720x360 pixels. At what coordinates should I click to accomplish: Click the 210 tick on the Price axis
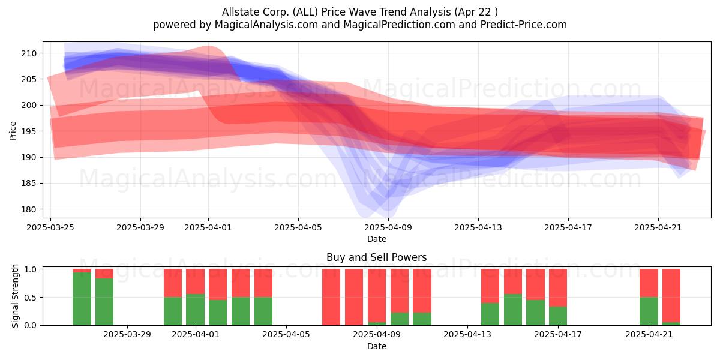(x=28, y=53)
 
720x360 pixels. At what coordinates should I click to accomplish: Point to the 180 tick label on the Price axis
(x=28, y=209)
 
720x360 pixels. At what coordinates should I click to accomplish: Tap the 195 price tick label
(x=28, y=131)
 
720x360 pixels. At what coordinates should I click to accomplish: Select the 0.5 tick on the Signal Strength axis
(x=31, y=298)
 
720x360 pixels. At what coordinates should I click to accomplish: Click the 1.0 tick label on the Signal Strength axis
(x=31, y=269)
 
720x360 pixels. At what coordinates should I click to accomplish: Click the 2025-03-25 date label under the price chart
(x=50, y=227)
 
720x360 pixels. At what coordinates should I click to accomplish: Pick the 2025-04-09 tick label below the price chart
(x=388, y=227)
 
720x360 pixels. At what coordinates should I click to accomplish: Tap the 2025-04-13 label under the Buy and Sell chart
(x=467, y=335)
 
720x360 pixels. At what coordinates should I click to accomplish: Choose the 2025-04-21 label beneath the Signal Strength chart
(x=649, y=335)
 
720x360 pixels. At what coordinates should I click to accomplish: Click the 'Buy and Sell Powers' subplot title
(x=376, y=257)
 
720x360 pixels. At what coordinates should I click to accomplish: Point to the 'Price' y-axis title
(x=13, y=131)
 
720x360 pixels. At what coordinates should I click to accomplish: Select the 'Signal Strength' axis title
(x=15, y=296)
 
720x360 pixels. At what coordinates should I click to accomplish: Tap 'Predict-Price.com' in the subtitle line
(x=524, y=25)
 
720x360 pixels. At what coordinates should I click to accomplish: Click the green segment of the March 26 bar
(x=82, y=299)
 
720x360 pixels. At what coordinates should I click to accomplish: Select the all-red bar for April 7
(x=331, y=298)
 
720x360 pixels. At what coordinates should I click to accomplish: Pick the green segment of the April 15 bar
(x=513, y=310)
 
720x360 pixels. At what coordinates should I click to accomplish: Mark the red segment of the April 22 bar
(x=671, y=296)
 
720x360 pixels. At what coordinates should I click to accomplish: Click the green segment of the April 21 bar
(x=649, y=311)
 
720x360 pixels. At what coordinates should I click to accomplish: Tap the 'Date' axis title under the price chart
(x=377, y=239)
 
